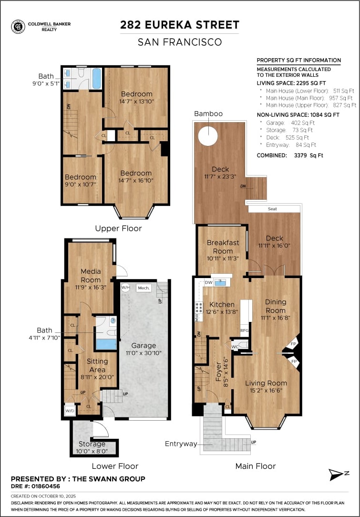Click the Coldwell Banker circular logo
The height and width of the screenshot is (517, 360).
18,27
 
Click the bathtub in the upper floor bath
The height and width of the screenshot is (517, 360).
97,79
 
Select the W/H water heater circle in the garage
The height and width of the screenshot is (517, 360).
125,288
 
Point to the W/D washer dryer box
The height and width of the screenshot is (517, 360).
70,411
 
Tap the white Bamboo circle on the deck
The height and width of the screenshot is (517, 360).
208,135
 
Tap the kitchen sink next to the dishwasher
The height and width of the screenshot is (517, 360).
220,282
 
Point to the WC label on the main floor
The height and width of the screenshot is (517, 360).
235,347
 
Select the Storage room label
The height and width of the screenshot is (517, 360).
92,444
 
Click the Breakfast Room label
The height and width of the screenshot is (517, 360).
223,247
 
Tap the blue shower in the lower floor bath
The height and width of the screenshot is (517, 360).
106,344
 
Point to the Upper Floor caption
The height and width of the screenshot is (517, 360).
118,228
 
